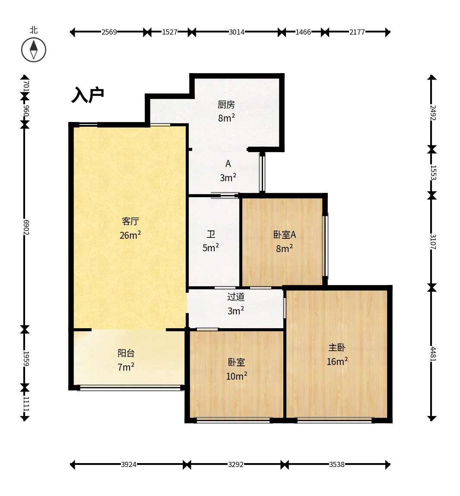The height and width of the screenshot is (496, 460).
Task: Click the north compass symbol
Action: pos(34,50)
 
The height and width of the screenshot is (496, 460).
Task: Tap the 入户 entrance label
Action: pos(88,95)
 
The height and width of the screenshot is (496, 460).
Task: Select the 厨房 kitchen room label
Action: pos(226,104)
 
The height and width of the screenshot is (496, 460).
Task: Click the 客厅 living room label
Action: pos(130,221)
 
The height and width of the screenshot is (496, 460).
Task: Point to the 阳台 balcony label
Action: pos(126,353)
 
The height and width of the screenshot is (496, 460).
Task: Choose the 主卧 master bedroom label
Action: pos(337,347)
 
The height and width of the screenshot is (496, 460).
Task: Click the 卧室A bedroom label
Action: pos(284,235)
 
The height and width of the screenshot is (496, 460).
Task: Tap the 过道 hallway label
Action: pos(236,297)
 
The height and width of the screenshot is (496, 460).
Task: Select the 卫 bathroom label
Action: pos(211,234)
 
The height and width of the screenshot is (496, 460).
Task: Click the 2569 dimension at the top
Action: pos(109,32)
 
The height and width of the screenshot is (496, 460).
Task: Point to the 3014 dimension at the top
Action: pos(237,32)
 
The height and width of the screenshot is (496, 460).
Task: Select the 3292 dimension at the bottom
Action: pos(236,464)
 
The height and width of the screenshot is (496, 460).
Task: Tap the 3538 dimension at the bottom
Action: pos(337,464)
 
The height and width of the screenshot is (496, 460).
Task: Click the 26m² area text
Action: pos(130,235)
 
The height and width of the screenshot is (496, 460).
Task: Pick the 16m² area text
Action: pos(337,361)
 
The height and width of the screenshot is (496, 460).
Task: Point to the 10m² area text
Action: pos(237,375)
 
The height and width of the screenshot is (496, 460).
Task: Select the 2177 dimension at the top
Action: pos(357,32)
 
